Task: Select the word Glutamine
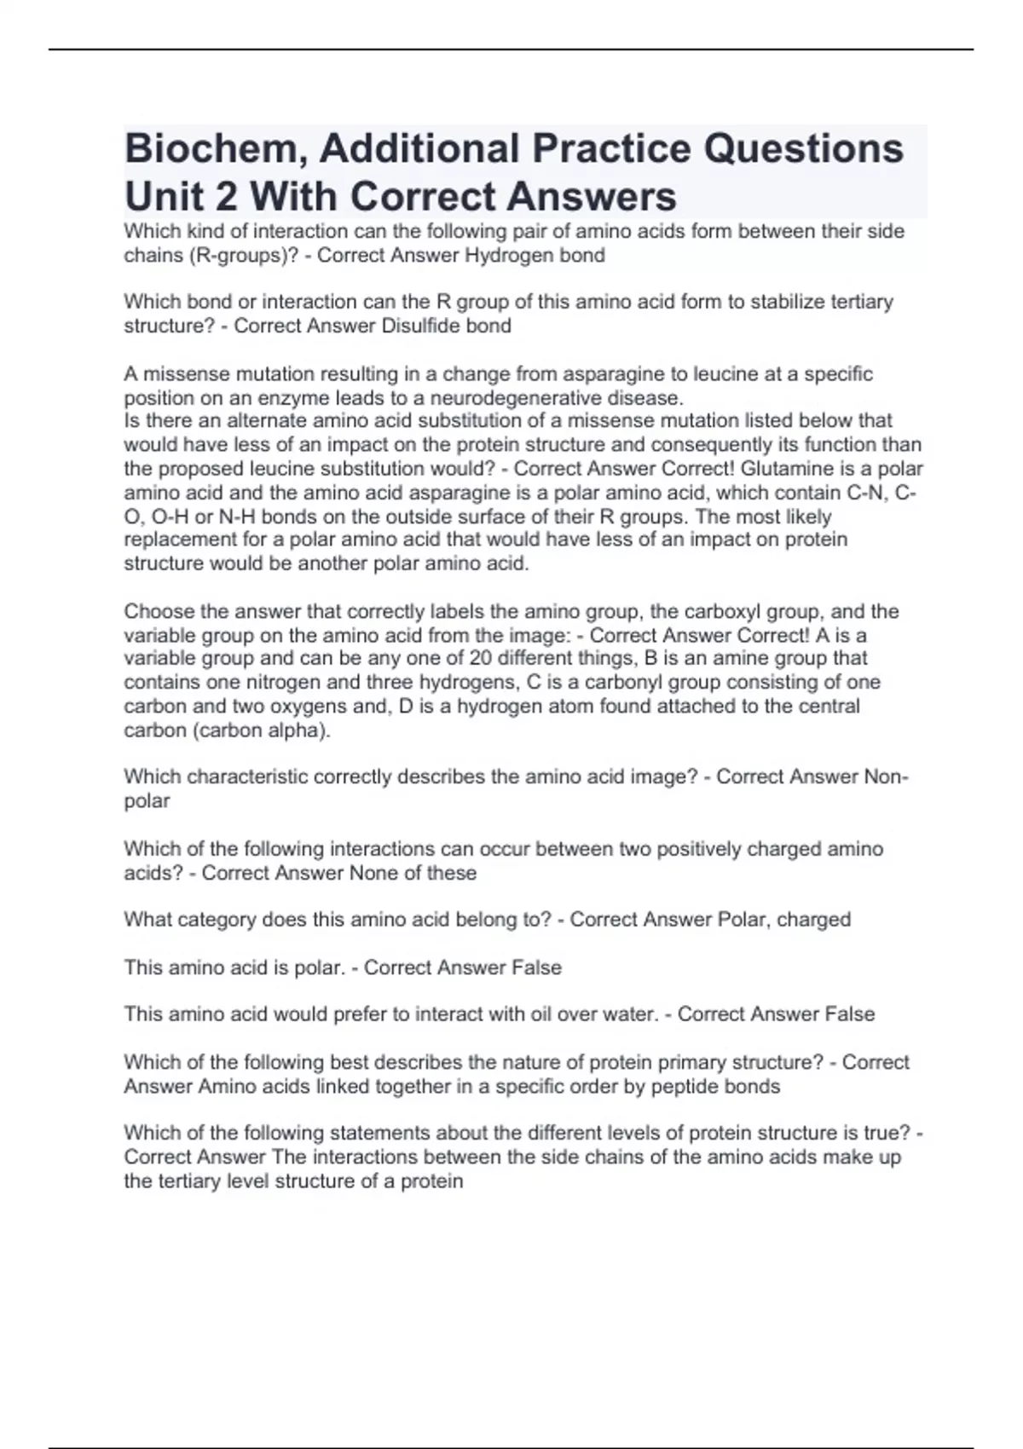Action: click(798, 469)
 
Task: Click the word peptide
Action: click(684, 1087)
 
